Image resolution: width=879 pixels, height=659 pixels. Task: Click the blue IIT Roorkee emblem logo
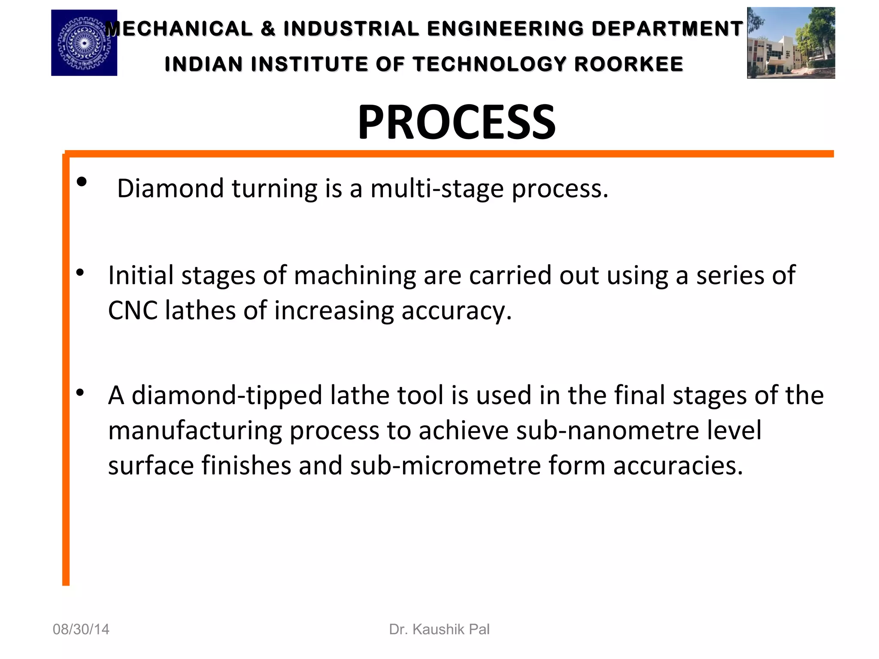[84, 43]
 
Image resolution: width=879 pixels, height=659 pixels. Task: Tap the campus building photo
[791, 43]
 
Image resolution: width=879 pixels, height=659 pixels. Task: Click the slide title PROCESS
[456, 123]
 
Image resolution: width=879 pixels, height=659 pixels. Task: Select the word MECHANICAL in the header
[179, 29]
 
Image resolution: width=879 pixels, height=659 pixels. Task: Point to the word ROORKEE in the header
[629, 64]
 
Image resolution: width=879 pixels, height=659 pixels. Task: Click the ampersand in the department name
[268, 29]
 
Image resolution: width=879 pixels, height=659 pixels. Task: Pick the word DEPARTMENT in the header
[667, 29]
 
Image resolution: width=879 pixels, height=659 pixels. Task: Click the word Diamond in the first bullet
[170, 188]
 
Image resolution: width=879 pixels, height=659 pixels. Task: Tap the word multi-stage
[437, 188]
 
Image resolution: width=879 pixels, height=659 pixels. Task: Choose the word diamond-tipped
[227, 395]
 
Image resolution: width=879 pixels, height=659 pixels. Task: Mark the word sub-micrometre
[445, 466]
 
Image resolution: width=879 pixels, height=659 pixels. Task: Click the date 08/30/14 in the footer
[81, 629]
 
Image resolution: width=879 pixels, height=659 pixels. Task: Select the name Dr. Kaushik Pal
[439, 629]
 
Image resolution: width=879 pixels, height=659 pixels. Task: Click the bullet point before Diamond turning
[82, 182]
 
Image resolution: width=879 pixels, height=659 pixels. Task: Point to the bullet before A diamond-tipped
[80, 392]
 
